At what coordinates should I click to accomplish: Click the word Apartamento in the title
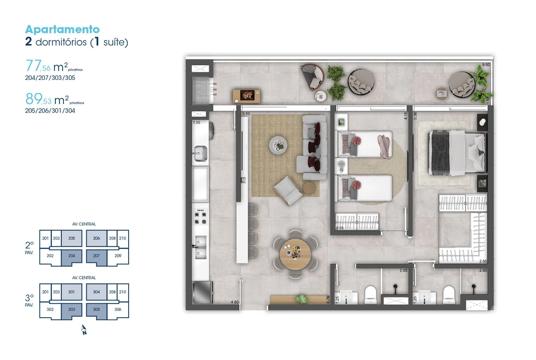[x=63, y=29]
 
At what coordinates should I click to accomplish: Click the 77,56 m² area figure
[x=54, y=66]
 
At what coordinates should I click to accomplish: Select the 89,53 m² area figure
[x=55, y=99]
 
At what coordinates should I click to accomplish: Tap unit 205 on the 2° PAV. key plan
[x=71, y=238]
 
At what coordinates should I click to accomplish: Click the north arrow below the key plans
[x=84, y=330]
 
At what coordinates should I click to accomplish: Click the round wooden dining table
[x=295, y=254]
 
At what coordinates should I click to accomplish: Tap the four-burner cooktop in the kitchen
[x=200, y=217]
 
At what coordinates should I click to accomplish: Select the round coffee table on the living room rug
[x=278, y=145]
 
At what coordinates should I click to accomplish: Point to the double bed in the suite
[x=457, y=153]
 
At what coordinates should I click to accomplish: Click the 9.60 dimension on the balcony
[x=486, y=65]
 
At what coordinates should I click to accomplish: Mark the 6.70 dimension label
[x=328, y=300]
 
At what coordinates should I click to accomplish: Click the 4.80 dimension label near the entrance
[x=234, y=302]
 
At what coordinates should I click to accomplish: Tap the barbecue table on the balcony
[x=247, y=96]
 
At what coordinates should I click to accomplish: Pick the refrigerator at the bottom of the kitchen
[x=202, y=293]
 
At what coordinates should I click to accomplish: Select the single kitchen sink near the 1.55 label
[x=200, y=153]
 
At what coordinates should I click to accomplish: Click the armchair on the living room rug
[x=288, y=190]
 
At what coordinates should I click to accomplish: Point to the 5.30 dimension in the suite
[x=415, y=116]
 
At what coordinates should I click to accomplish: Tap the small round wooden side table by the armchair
[x=309, y=188]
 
